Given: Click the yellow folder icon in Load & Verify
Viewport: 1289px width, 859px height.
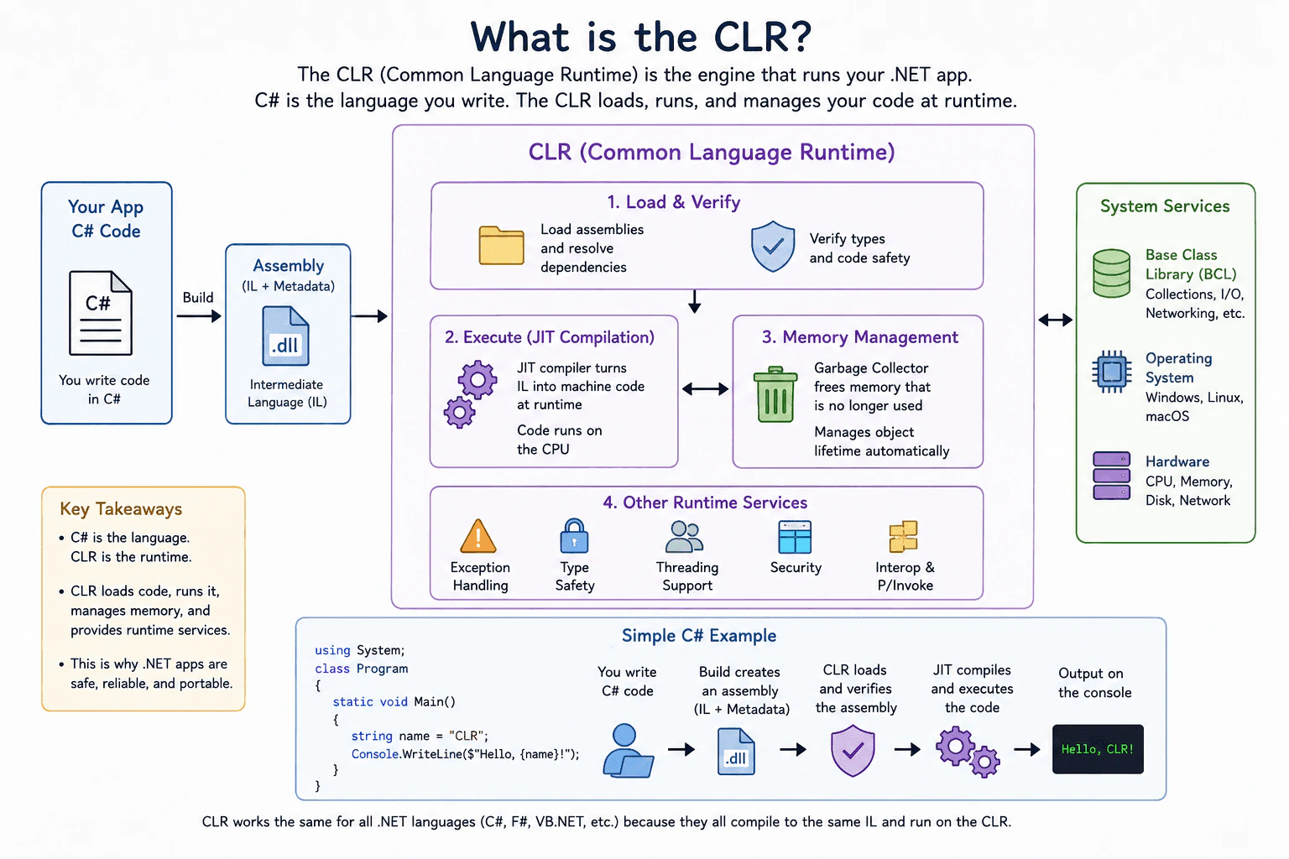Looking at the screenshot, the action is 501,245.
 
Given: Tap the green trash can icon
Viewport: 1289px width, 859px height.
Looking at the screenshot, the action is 775,395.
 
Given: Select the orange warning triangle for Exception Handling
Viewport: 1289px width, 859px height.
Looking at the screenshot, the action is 478,536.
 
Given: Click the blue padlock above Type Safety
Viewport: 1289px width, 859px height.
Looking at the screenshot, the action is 574,536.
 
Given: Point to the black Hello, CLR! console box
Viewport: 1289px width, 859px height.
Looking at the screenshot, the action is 1098,748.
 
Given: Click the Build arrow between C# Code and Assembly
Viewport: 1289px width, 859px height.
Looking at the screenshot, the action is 199,316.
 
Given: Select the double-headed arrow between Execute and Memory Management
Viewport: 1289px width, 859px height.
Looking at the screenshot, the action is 706,389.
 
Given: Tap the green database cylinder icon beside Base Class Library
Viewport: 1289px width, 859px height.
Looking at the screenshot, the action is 1111,273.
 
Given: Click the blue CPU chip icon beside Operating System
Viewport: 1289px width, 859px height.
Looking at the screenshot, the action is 1112,372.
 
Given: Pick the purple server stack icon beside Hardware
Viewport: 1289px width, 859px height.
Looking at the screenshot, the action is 1112,476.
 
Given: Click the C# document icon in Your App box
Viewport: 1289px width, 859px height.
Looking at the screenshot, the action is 101,312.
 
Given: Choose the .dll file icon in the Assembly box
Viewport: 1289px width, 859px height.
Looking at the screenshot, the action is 285,336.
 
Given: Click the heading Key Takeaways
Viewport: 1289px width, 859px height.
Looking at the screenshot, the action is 121,508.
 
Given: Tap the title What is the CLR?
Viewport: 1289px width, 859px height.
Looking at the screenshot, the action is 641,37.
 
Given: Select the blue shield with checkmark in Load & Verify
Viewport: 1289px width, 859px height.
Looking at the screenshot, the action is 773,247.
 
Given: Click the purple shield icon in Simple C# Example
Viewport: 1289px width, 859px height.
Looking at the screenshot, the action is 853,751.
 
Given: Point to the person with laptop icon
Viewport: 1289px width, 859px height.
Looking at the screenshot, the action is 627,751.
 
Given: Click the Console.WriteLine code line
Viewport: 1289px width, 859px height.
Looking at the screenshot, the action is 465,753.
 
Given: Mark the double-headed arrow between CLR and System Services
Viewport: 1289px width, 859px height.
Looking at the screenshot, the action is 1056,320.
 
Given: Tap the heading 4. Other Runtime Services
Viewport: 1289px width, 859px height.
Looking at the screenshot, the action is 705,502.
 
